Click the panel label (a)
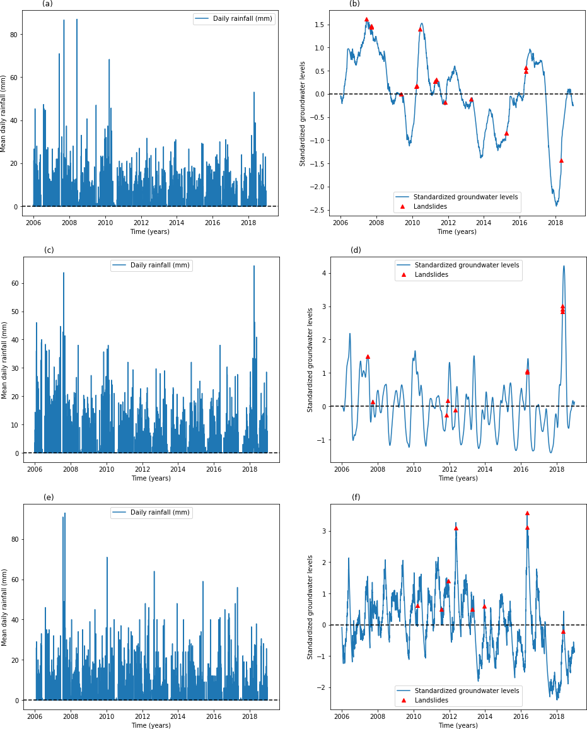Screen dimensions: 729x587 point(47,4)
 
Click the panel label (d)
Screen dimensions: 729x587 point(356,250)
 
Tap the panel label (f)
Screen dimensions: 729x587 point(356,498)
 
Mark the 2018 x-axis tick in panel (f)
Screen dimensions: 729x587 point(557,716)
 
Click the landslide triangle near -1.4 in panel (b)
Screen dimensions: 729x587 point(561,160)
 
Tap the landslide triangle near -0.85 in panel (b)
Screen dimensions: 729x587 point(506,133)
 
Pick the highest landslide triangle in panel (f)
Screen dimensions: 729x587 point(527,513)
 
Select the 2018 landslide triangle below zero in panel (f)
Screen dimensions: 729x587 point(563,631)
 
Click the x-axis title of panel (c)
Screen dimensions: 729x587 point(151,478)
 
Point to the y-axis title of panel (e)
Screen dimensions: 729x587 point(5,607)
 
